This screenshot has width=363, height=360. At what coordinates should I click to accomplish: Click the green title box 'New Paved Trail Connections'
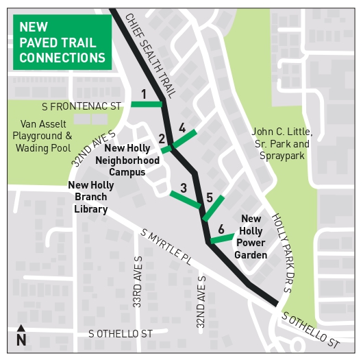[x=62, y=43]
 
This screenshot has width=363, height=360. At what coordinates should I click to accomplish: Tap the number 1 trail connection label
[x=144, y=94]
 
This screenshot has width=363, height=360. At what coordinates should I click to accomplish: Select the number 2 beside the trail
[x=162, y=139]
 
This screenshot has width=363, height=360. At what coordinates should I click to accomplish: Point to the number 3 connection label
[x=182, y=128]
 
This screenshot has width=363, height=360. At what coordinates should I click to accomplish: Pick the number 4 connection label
[x=210, y=197]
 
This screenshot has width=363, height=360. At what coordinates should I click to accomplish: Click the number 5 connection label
[x=221, y=229]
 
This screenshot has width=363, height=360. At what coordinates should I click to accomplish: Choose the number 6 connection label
[x=146, y=104]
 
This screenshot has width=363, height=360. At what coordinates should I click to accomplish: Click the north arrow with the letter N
[x=21, y=336]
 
